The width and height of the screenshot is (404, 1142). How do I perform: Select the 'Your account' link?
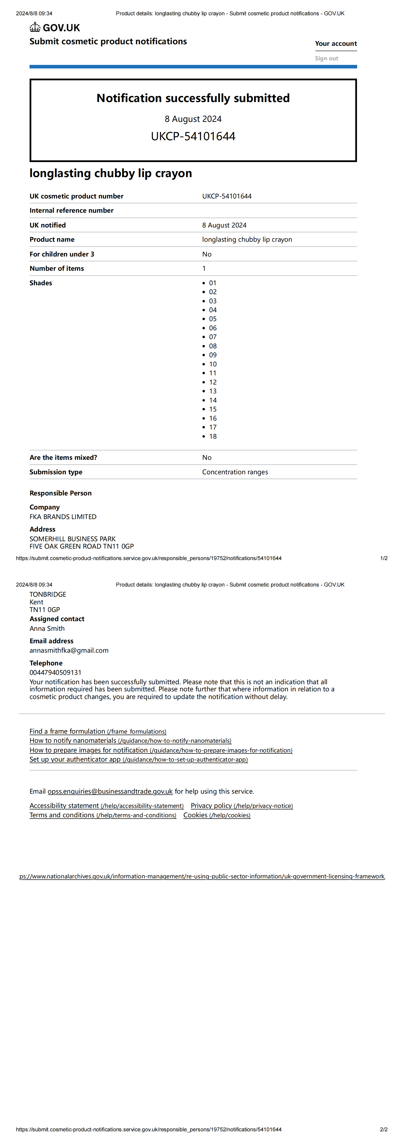336,44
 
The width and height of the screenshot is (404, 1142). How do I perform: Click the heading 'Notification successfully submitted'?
193,98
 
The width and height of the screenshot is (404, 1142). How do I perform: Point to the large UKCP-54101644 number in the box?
193,136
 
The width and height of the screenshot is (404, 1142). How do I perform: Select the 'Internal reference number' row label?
72,211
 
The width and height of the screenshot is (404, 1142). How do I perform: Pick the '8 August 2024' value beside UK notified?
224,225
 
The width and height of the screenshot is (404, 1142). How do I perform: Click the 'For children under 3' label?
62,254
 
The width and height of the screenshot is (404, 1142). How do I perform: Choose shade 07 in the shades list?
213,337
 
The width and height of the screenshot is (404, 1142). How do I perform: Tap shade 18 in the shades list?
213,436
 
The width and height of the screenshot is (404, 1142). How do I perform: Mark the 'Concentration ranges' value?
235,472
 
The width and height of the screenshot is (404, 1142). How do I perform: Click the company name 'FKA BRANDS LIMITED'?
63,517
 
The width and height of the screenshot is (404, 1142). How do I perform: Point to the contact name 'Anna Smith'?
47,629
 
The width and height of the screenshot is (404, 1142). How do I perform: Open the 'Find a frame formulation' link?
98,732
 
